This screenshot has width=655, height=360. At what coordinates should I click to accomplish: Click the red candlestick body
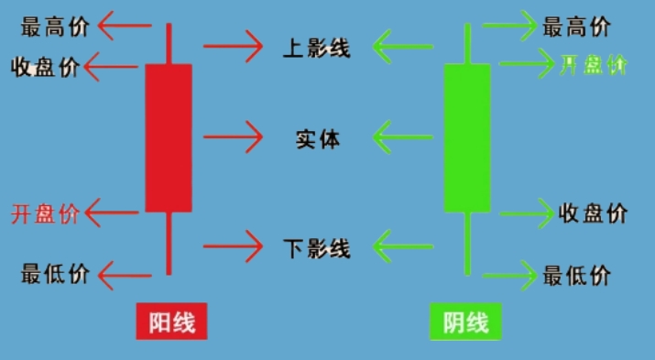[x=169, y=137]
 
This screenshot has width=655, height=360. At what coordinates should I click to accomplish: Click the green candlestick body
[x=467, y=138]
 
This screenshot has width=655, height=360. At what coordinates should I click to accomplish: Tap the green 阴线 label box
[x=465, y=322]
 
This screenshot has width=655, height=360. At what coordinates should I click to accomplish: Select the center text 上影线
[x=316, y=47]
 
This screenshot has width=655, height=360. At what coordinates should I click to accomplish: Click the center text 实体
[x=317, y=140]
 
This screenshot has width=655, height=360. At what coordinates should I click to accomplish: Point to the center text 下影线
[x=316, y=247]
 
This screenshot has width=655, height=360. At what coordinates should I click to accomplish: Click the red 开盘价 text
[x=46, y=214]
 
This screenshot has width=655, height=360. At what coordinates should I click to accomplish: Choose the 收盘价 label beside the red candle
[x=46, y=68]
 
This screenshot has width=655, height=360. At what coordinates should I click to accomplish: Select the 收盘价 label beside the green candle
[x=593, y=213]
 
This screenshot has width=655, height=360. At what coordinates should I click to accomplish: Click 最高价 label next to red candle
[x=55, y=27]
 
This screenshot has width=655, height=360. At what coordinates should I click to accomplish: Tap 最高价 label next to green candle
[x=576, y=27]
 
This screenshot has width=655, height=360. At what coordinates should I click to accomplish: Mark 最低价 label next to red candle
[x=55, y=273]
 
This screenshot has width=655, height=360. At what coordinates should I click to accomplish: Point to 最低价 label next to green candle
[x=576, y=275]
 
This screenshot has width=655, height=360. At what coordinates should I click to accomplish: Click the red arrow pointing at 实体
[x=233, y=137]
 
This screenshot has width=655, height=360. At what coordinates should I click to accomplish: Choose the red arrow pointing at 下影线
[x=233, y=246]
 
